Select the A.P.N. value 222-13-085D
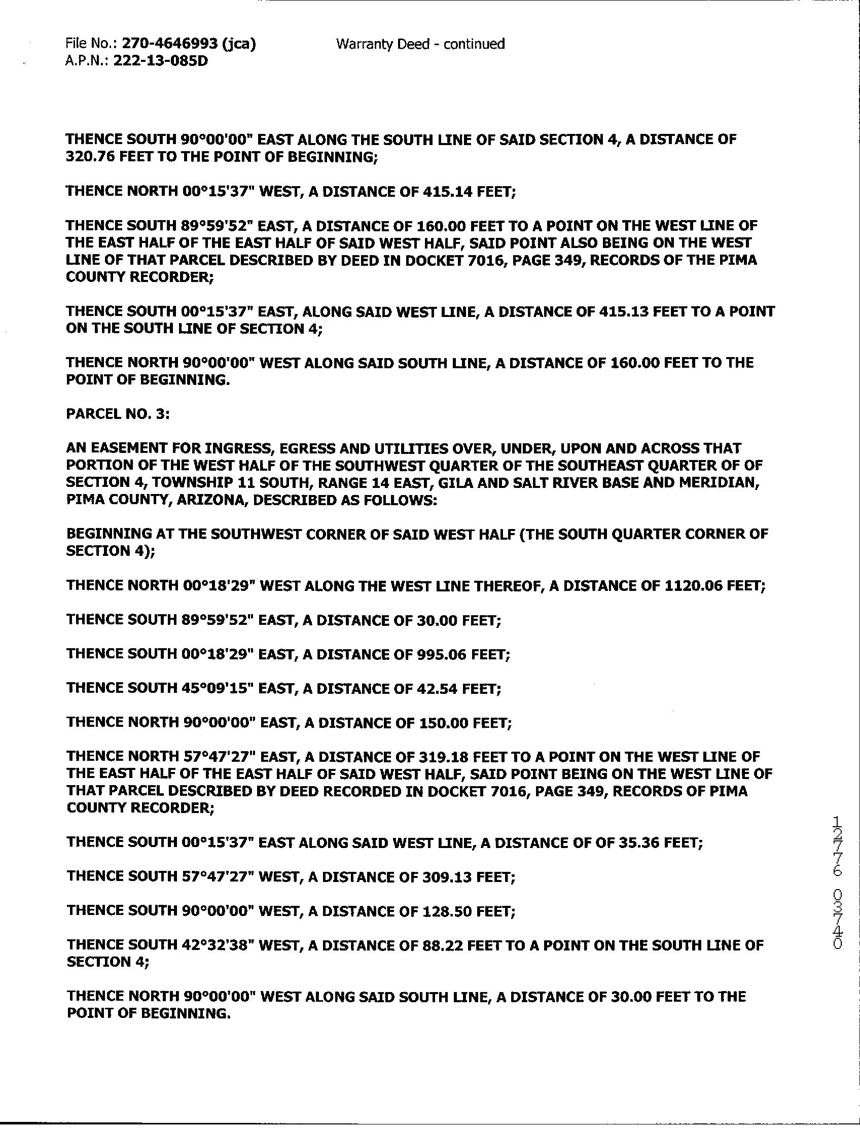pos(160,61)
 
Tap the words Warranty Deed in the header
pos(382,44)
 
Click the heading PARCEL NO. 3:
pos(118,414)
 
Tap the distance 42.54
pos(434,689)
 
